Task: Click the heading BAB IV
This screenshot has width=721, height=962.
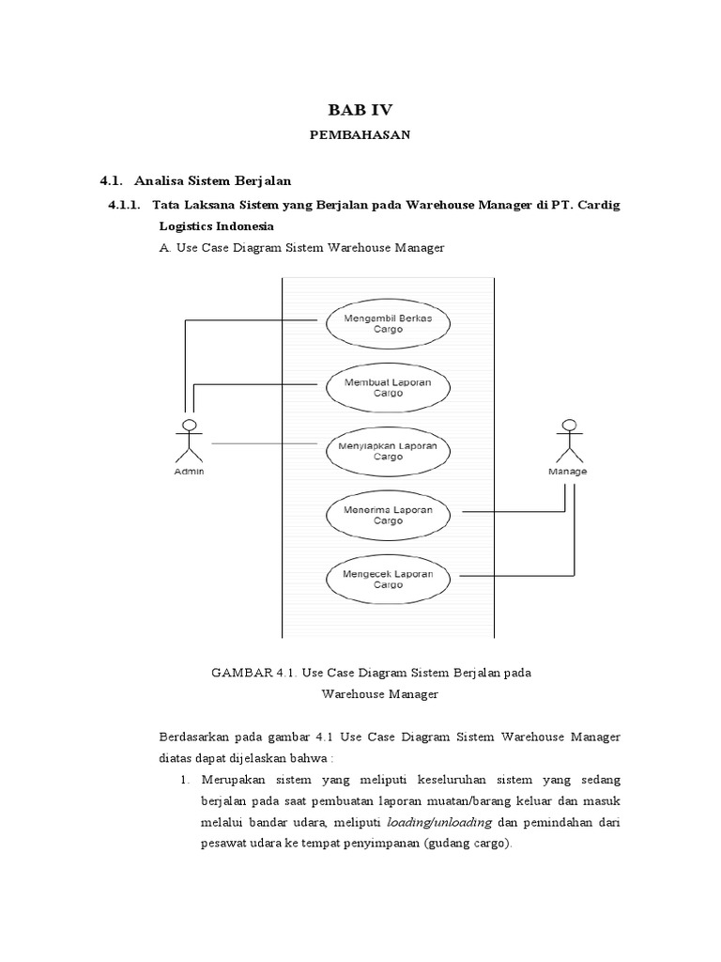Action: pos(360,109)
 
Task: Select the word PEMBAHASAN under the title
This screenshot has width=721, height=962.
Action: pos(360,135)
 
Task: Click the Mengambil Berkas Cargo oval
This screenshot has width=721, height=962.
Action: pos(388,323)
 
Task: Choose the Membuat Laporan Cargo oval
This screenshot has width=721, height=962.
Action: pos(388,387)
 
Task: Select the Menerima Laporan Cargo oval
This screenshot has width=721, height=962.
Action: pos(388,514)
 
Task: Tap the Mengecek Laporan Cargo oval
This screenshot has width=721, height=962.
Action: pos(388,577)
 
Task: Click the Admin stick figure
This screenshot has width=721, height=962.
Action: pos(190,442)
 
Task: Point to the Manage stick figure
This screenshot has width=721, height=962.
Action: pos(567,442)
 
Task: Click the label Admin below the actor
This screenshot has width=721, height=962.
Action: pos(190,472)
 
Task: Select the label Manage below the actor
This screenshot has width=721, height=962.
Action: pos(567,472)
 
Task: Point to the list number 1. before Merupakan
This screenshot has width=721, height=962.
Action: pos(184,781)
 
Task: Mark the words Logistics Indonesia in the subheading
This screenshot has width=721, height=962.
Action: pos(216,226)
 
